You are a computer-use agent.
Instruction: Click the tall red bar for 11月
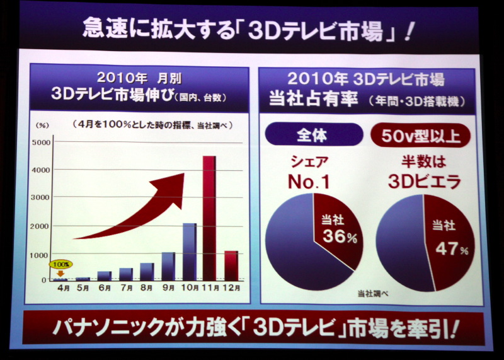pyautogui.click(x=209, y=218)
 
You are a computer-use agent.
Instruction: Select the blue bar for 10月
pyautogui.click(x=189, y=252)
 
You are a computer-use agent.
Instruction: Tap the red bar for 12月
pyautogui.click(x=231, y=265)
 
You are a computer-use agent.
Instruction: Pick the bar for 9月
pyautogui.click(x=168, y=266)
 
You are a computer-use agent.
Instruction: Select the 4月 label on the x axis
pyautogui.click(x=63, y=289)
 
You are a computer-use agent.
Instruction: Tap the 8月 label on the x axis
pyautogui.click(x=147, y=289)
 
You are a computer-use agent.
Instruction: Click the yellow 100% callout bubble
pyautogui.click(x=62, y=264)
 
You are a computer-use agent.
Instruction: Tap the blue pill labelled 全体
pyautogui.click(x=312, y=135)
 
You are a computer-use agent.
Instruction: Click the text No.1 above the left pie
pyautogui.click(x=312, y=181)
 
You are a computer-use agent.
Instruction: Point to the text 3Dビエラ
pyautogui.click(x=423, y=181)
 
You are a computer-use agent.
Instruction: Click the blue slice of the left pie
pyautogui.click(x=290, y=246)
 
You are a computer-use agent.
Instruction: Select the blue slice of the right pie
pyautogui.click(x=400, y=246)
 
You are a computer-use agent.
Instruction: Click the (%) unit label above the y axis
pyautogui.click(x=43, y=125)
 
